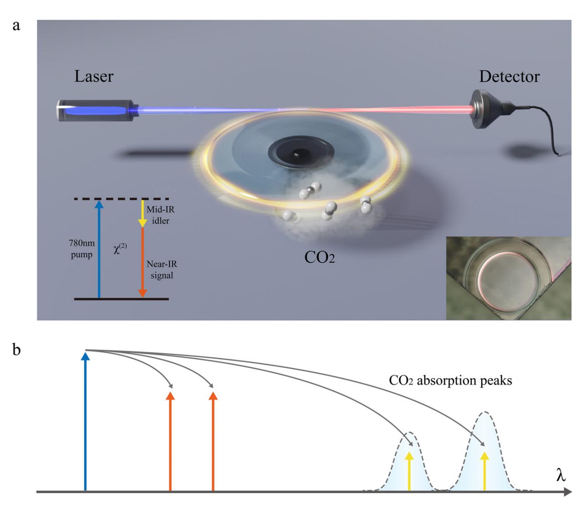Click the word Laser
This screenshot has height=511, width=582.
click(94, 76)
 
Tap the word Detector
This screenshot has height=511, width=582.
click(509, 76)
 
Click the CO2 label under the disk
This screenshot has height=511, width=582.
click(320, 258)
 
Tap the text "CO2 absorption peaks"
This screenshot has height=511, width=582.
click(450, 380)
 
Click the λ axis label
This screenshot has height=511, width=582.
click(561, 476)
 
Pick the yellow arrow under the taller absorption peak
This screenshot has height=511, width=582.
click(485, 471)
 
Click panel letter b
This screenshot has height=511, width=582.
click(16, 351)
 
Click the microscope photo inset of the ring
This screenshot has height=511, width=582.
click(508, 278)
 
